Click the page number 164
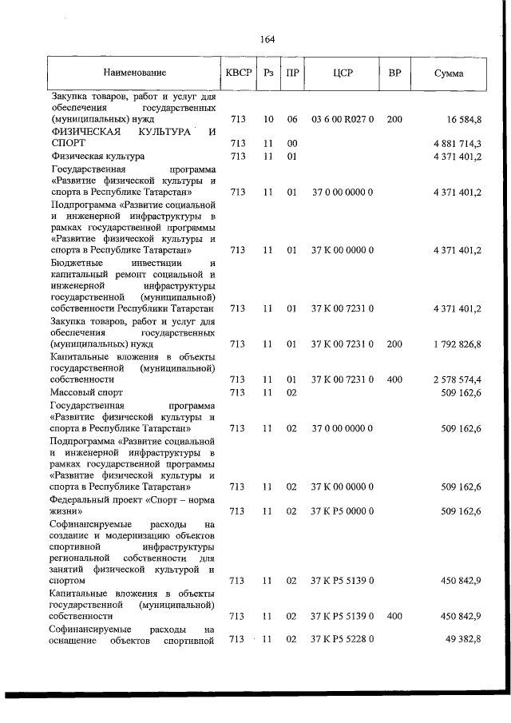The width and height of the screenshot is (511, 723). point(267,39)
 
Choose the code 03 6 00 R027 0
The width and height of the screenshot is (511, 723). point(343,120)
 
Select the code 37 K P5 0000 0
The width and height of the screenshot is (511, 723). point(343,510)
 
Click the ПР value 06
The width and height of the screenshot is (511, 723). point(292,120)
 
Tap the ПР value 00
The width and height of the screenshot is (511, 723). point(292,143)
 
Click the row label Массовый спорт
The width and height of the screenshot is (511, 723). point(89,393)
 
